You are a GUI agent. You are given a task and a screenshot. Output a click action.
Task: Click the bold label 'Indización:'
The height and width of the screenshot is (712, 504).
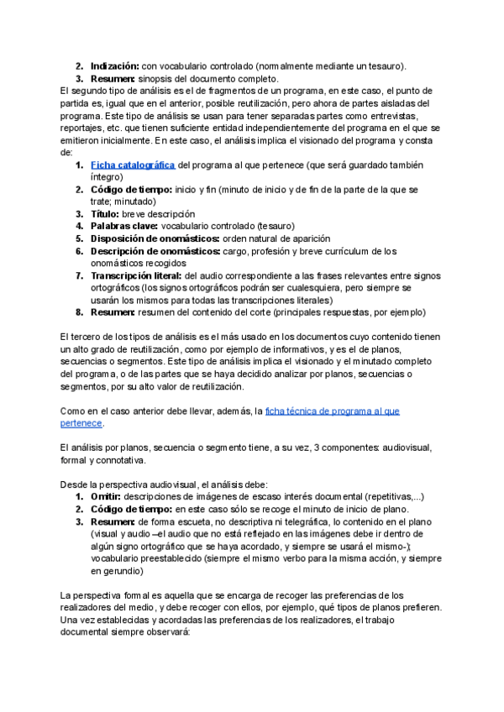click(115, 65)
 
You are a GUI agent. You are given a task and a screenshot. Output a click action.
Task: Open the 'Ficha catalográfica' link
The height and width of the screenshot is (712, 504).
click(133, 165)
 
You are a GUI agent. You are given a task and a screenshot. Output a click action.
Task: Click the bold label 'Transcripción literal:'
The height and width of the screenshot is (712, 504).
click(135, 275)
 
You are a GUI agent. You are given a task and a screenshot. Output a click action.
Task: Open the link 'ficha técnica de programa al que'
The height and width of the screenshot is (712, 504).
click(332, 411)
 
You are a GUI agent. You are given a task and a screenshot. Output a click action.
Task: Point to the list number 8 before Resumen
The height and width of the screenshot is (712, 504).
click(79, 312)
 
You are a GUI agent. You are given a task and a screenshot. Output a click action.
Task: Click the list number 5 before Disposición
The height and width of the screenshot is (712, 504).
click(79, 238)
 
